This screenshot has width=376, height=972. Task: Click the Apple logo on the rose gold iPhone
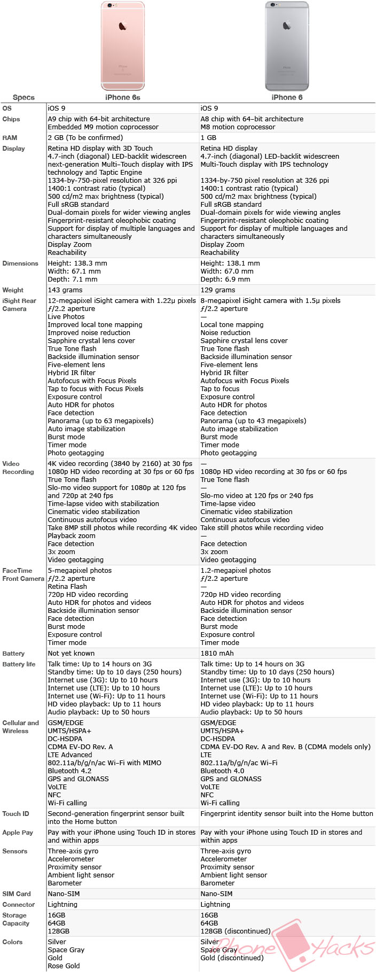123,25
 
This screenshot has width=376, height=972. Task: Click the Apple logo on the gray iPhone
287,25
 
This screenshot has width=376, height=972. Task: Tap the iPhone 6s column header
122,97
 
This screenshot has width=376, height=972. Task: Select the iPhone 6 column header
287,97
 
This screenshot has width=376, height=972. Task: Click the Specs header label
23,97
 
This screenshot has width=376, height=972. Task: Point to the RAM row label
10,138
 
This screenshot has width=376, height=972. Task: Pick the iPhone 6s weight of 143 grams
65,290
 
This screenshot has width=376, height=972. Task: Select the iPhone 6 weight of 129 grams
218,290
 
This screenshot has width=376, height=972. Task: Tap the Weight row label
13,290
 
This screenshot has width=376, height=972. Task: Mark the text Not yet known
71,654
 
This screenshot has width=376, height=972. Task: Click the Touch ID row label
15,814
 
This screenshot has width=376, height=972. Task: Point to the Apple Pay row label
18,833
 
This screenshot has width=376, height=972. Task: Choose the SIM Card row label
17,894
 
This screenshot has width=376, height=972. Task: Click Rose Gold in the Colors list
64,966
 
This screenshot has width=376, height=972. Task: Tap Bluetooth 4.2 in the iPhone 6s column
69,771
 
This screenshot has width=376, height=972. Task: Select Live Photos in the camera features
66,317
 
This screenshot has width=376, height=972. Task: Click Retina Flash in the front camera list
67,587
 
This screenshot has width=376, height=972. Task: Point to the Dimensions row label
20,263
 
